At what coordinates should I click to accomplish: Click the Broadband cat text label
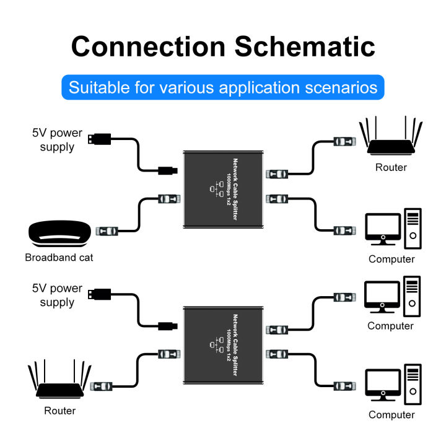(x=59, y=257)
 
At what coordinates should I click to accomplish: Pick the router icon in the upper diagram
(x=391, y=140)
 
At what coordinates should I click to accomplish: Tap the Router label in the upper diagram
(x=391, y=167)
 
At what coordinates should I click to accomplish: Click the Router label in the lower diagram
(x=60, y=411)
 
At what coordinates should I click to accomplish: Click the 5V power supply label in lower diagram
(x=57, y=295)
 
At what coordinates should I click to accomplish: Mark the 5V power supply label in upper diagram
(x=57, y=139)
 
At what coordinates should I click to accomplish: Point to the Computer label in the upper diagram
(x=391, y=259)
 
